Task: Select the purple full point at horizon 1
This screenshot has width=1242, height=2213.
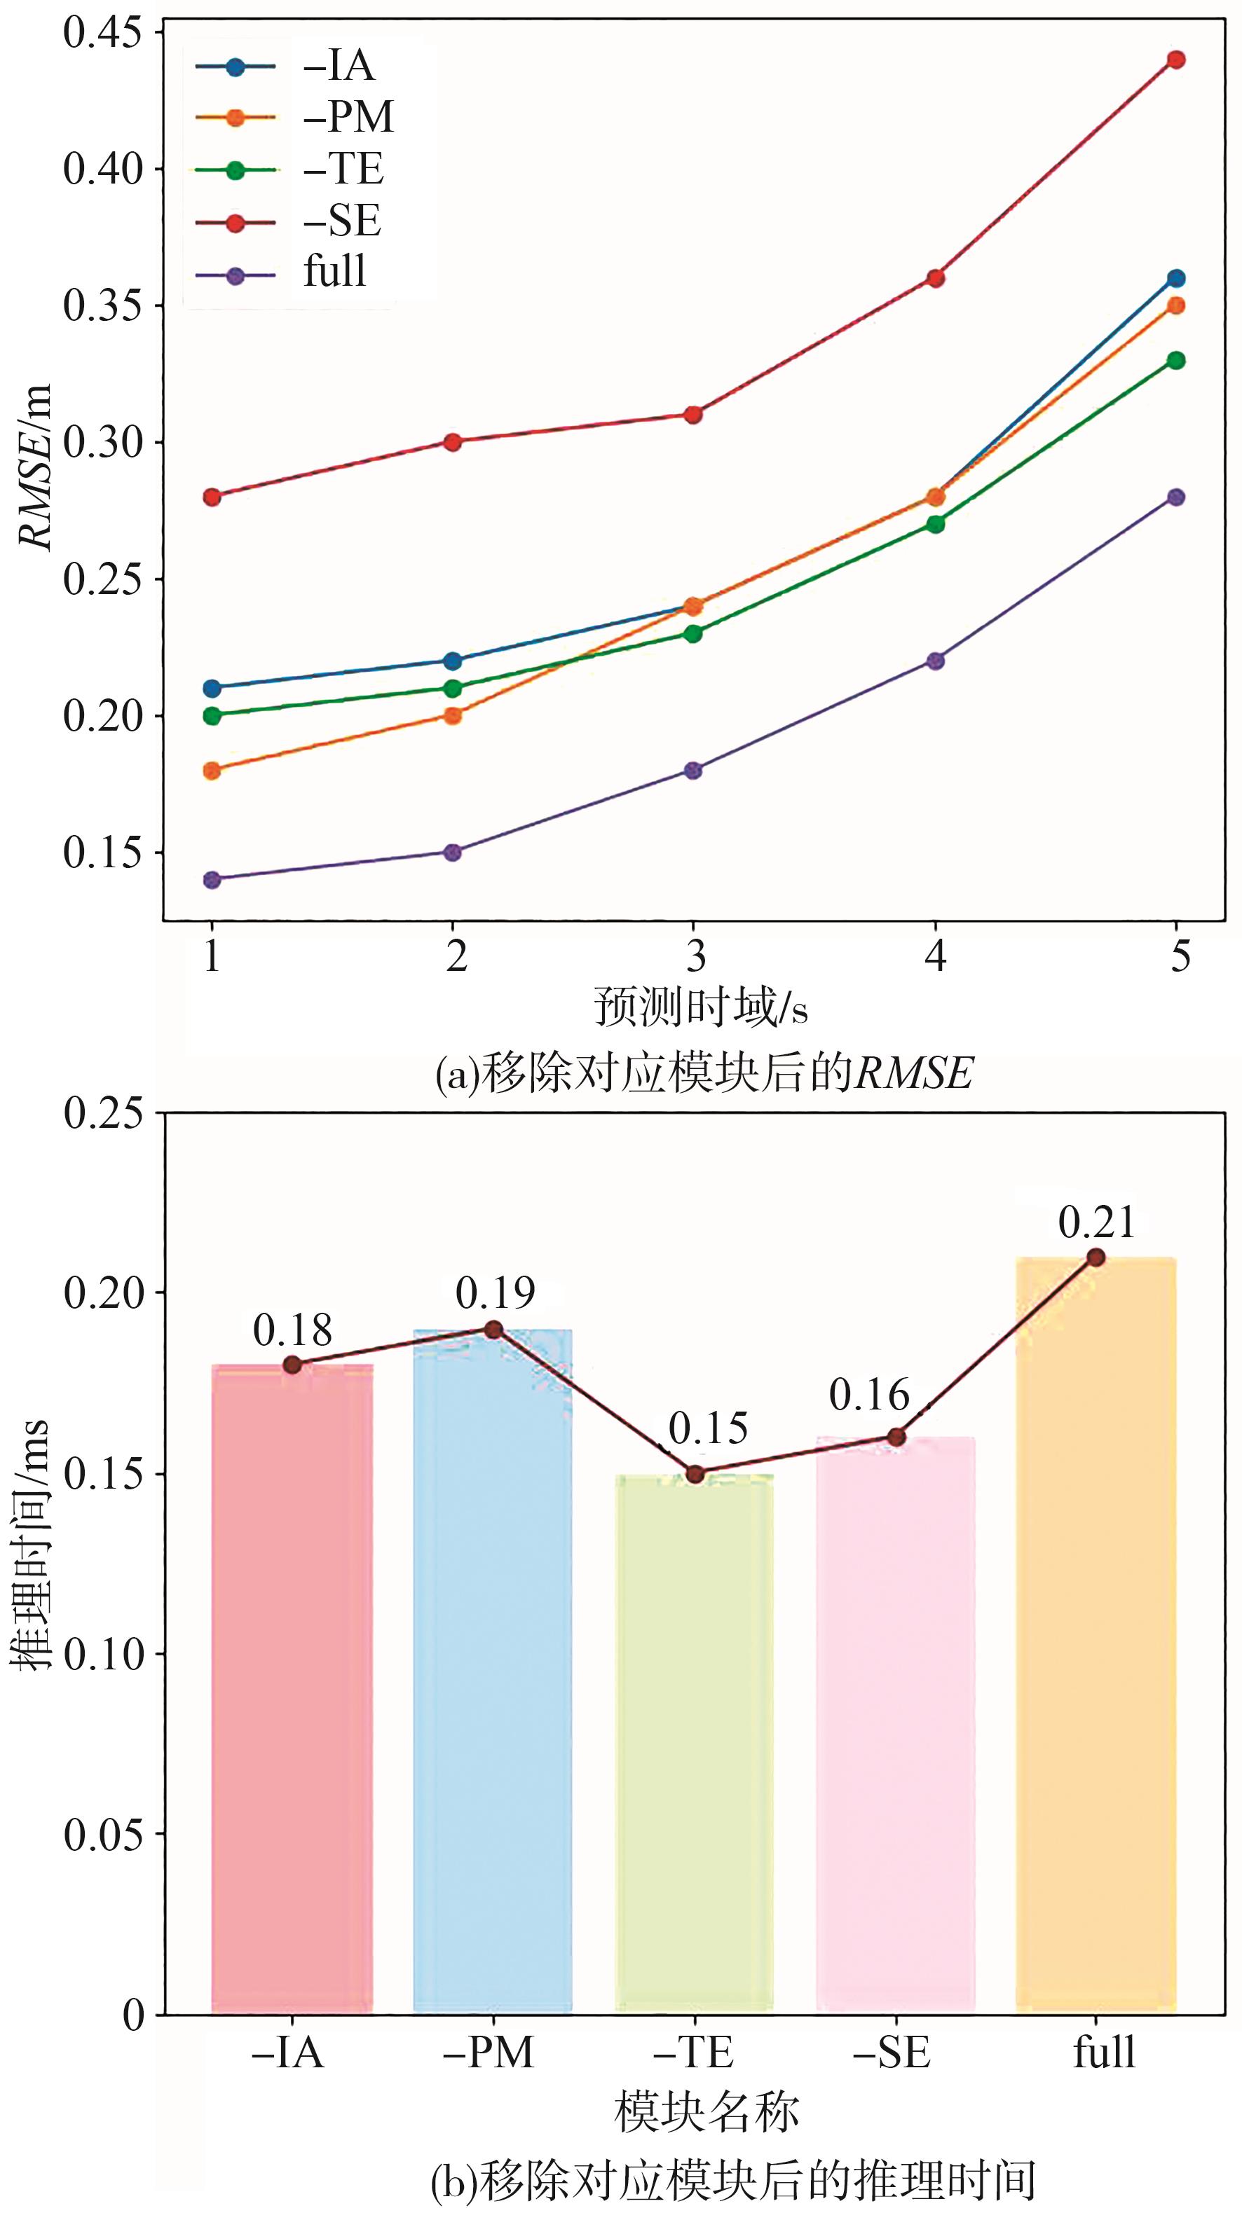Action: click(212, 880)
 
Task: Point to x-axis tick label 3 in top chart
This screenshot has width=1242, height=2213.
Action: click(695, 956)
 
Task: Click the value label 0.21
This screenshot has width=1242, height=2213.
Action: click(1097, 1222)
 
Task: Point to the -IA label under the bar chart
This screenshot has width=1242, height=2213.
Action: click(289, 2053)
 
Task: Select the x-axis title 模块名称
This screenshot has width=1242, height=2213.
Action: click(707, 2111)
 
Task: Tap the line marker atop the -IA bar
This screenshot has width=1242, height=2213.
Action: click(292, 1364)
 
